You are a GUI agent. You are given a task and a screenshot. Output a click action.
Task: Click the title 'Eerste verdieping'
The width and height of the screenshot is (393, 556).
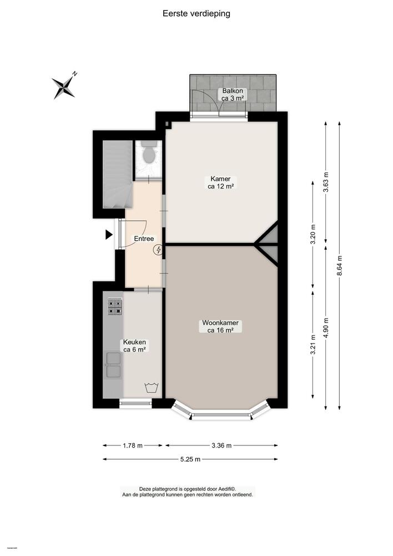pyautogui.click(x=196, y=14)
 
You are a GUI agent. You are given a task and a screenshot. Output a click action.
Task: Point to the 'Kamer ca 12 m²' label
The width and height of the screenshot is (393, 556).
pyautogui.click(x=220, y=182)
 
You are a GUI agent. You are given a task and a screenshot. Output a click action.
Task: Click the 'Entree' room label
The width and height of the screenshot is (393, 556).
pyautogui.click(x=144, y=239)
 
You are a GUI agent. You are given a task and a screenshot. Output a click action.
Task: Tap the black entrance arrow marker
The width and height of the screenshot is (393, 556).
pyautogui.click(x=109, y=235)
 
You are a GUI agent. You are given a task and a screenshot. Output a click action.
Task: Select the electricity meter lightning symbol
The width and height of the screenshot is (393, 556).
pyautogui.click(x=159, y=250)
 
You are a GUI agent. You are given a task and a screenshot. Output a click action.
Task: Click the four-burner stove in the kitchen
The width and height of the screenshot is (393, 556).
pyautogui.click(x=115, y=306)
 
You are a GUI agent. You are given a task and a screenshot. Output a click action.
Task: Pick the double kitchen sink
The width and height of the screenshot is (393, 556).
pyautogui.click(x=113, y=365)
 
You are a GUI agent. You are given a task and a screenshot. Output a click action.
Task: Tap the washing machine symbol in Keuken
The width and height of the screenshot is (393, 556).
pyautogui.click(x=150, y=388)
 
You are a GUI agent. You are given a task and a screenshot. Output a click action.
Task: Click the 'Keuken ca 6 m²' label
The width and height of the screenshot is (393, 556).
pyautogui.click(x=134, y=346)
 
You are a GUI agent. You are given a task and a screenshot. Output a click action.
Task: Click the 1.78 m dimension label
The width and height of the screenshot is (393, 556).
pyautogui.click(x=132, y=445)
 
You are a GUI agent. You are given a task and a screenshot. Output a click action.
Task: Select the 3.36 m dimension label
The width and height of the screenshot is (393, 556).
pyautogui.click(x=221, y=445)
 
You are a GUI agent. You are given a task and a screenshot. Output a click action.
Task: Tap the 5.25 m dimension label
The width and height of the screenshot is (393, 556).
pyautogui.click(x=190, y=459)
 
